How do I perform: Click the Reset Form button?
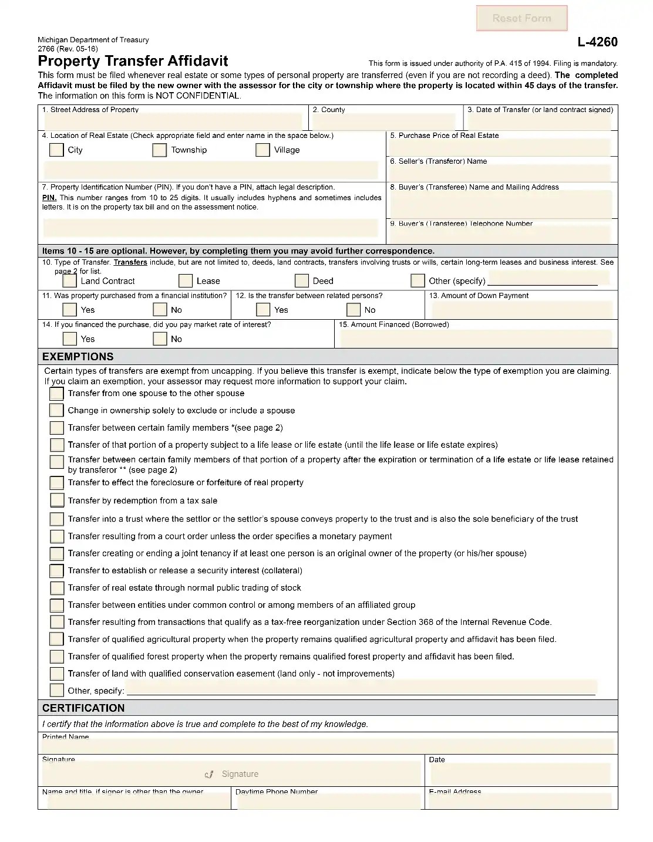pyautogui.click(x=521, y=18)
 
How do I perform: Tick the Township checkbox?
pyautogui.click(x=159, y=150)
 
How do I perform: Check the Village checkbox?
pyautogui.click(x=262, y=150)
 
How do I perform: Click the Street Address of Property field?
pyautogui.click(x=173, y=121)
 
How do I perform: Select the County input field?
pyautogui.click(x=384, y=121)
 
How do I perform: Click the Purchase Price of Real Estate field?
pyautogui.click(x=501, y=147)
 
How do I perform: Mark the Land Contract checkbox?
pyautogui.click(x=69, y=281)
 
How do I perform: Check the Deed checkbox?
pyautogui.click(x=302, y=281)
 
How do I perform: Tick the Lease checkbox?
pyautogui.click(x=186, y=281)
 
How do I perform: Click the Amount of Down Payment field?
pyautogui.click(x=520, y=309)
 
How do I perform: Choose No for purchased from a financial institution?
pyautogui.click(x=160, y=310)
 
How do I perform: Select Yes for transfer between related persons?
pyautogui.click(x=264, y=310)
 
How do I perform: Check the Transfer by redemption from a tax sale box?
pyautogui.click(x=57, y=501)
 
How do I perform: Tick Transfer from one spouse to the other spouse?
pyautogui.click(x=57, y=394)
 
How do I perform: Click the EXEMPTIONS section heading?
pyautogui.click(x=78, y=357)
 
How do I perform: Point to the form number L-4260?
pyautogui.click(x=597, y=42)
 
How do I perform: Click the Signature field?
pyautogui.click(x=231, y=774)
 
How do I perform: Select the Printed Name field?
pyautogui.click(x=327, y=746)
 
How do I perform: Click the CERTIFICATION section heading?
pyautogui.click(x=83, y=708)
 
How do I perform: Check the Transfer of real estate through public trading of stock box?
pyautogui.click(x=57, y=588)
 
